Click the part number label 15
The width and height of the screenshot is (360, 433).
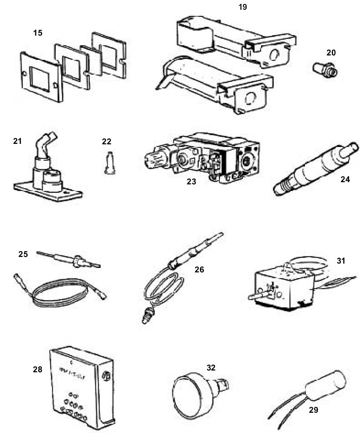38,33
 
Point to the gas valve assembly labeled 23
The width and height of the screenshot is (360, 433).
202,159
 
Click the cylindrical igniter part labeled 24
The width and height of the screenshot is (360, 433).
316,169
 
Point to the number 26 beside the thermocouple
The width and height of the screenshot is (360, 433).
199,269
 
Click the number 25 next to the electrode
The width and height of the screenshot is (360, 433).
23,254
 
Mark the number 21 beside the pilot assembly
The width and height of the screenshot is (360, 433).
18,141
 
